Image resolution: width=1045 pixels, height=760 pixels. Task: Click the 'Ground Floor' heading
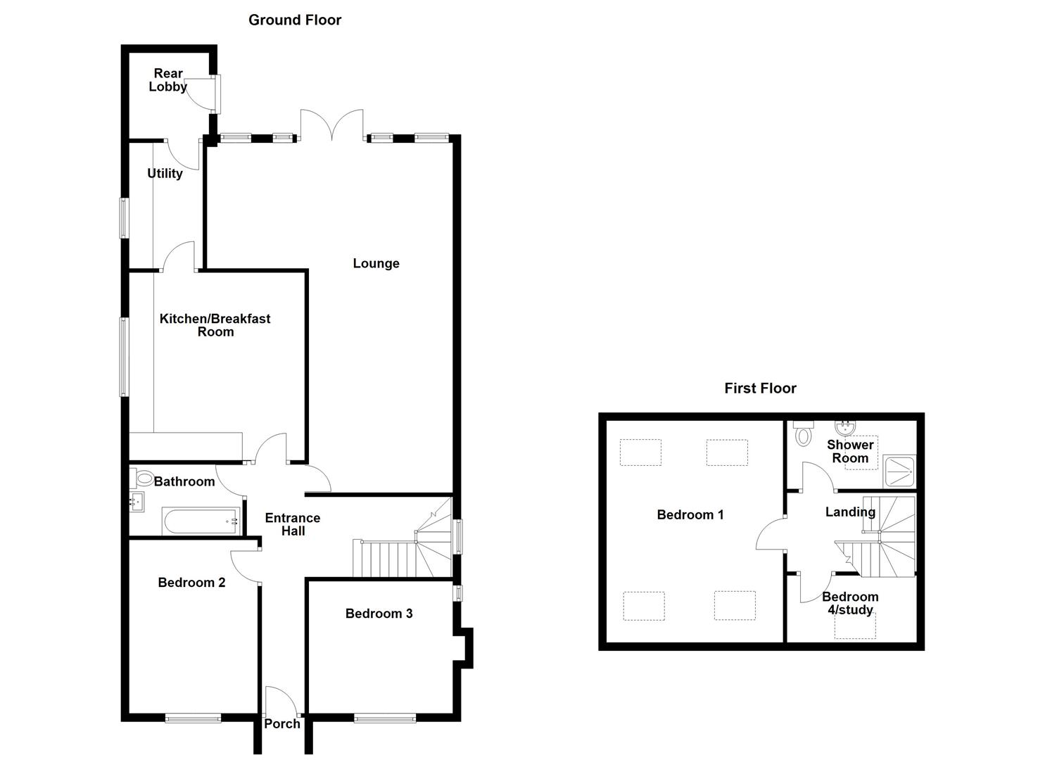[295, 20]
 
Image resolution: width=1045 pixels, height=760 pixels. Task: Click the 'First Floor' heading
[760, 388]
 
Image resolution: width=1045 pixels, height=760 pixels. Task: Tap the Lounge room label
[376, 263]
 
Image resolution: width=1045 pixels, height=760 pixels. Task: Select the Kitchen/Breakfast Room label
[215, 325]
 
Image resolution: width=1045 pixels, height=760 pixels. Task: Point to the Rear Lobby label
[168, 80]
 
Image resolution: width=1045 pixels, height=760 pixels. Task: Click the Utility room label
[165, 173]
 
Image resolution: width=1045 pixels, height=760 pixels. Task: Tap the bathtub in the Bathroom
[201, 521]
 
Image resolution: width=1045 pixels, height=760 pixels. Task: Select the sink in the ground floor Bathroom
[137, 502]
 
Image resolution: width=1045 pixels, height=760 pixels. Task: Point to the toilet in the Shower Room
[802, 435]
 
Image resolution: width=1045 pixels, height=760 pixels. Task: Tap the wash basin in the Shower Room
[844, 427]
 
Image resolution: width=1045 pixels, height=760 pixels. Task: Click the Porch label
[282, 723]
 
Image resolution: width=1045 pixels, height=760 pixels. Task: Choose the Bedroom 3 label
[379, 614]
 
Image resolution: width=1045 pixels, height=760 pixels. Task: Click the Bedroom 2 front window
[193, 718]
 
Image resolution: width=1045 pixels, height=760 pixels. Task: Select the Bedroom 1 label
[690, 515]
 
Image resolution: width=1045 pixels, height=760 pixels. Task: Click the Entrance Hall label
[293, 524]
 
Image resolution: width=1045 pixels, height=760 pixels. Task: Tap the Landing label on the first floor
[850, 512]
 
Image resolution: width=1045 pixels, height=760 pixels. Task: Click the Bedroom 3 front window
[384, 718]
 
